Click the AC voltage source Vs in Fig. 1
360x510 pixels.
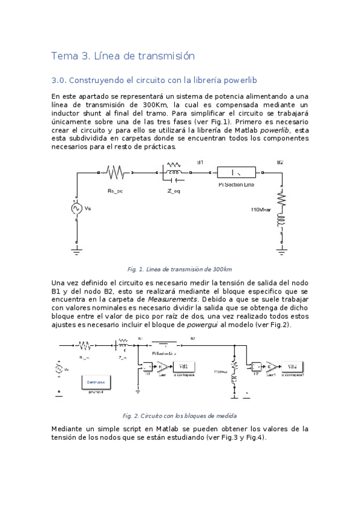coord(76,208)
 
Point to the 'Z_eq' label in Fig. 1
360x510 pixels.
coord(174,191)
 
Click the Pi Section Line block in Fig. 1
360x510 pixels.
coord(236,172)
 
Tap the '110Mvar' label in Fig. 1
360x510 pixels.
coord(261,210)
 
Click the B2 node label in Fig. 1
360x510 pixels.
coord(279,162)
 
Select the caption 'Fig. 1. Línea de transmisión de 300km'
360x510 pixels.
coord(180,269)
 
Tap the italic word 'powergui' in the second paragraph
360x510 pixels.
coord(198,324)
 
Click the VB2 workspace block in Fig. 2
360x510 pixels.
coord(291,366)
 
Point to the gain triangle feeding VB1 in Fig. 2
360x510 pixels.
coord(162,366)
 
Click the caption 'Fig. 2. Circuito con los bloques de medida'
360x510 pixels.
coord(180,416)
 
